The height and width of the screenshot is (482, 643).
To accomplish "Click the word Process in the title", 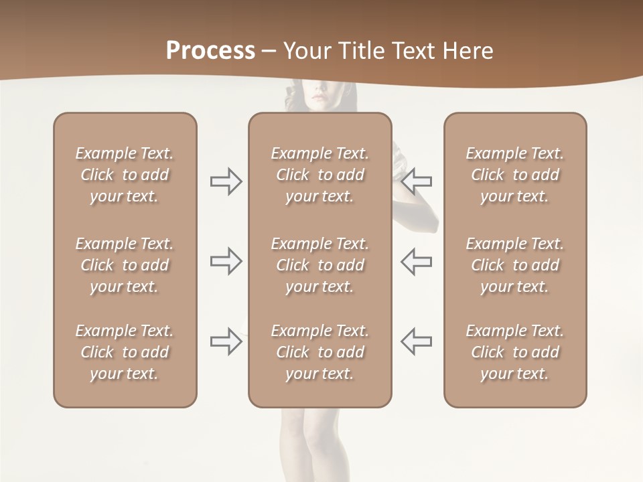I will point(210,51).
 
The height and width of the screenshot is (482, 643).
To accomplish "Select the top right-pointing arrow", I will point(226,181).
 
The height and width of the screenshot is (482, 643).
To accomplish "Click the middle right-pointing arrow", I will point(226,261).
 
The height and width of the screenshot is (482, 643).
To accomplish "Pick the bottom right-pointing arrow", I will point(226,341).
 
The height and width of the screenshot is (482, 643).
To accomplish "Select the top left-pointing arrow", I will point(416,181).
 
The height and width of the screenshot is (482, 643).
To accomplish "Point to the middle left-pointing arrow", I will point(416,261).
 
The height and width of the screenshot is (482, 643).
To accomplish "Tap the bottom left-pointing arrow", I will point(416,341).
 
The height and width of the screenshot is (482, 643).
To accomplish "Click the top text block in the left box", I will point(125,175).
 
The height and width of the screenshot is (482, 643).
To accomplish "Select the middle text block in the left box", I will point(125,265).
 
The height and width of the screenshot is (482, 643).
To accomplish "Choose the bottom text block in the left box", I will point(125,352).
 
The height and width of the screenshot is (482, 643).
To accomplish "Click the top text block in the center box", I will point(320,175).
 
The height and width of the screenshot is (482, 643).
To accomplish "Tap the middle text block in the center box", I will point(320,265).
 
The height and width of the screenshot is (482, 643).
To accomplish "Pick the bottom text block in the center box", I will point(320,352).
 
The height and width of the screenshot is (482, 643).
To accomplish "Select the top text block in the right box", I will point(515,175).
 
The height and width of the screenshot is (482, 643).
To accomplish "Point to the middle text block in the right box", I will point(515,265).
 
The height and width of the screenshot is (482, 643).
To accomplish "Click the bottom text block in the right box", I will point(515,352).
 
